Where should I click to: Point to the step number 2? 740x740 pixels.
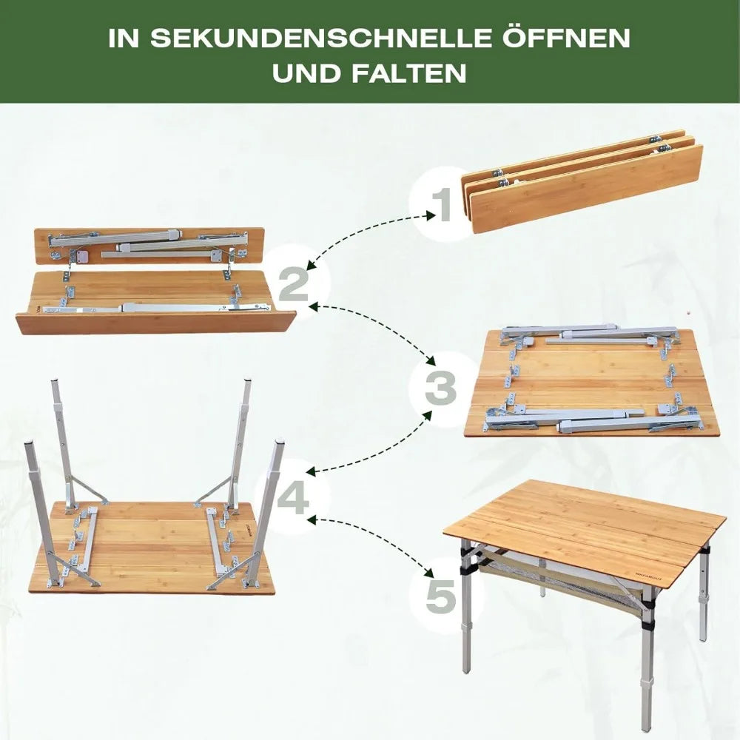point(294,284)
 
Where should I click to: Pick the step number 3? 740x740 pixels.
point(442,387)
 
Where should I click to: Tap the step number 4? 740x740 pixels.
point(293,497)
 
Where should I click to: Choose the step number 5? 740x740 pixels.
point(441,596)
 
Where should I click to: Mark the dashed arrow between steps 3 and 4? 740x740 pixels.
point(377,444)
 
